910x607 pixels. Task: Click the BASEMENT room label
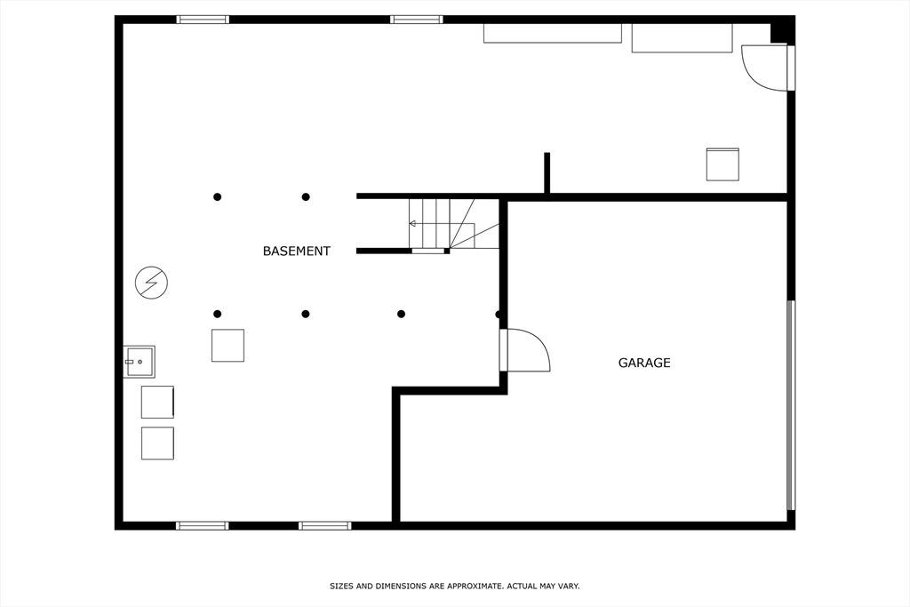point(297,252)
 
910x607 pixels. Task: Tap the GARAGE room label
point(644,363)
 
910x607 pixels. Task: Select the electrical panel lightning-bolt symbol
point(151,284)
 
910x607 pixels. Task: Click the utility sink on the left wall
point(140,362)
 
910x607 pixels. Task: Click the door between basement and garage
point(525,350)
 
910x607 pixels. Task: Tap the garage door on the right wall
point(791,405)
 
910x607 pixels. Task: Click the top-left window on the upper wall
point(203,20)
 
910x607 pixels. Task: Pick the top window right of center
point(417,20)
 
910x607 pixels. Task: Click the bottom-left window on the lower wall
point(203,526)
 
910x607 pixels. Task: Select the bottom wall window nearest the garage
point(325,526)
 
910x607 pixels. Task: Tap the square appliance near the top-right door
point(722,164)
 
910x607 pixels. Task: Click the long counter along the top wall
point(553,33)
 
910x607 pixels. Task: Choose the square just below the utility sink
point(157,403)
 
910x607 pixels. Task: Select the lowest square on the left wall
point(157,443)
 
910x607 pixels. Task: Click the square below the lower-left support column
point(227,346)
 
